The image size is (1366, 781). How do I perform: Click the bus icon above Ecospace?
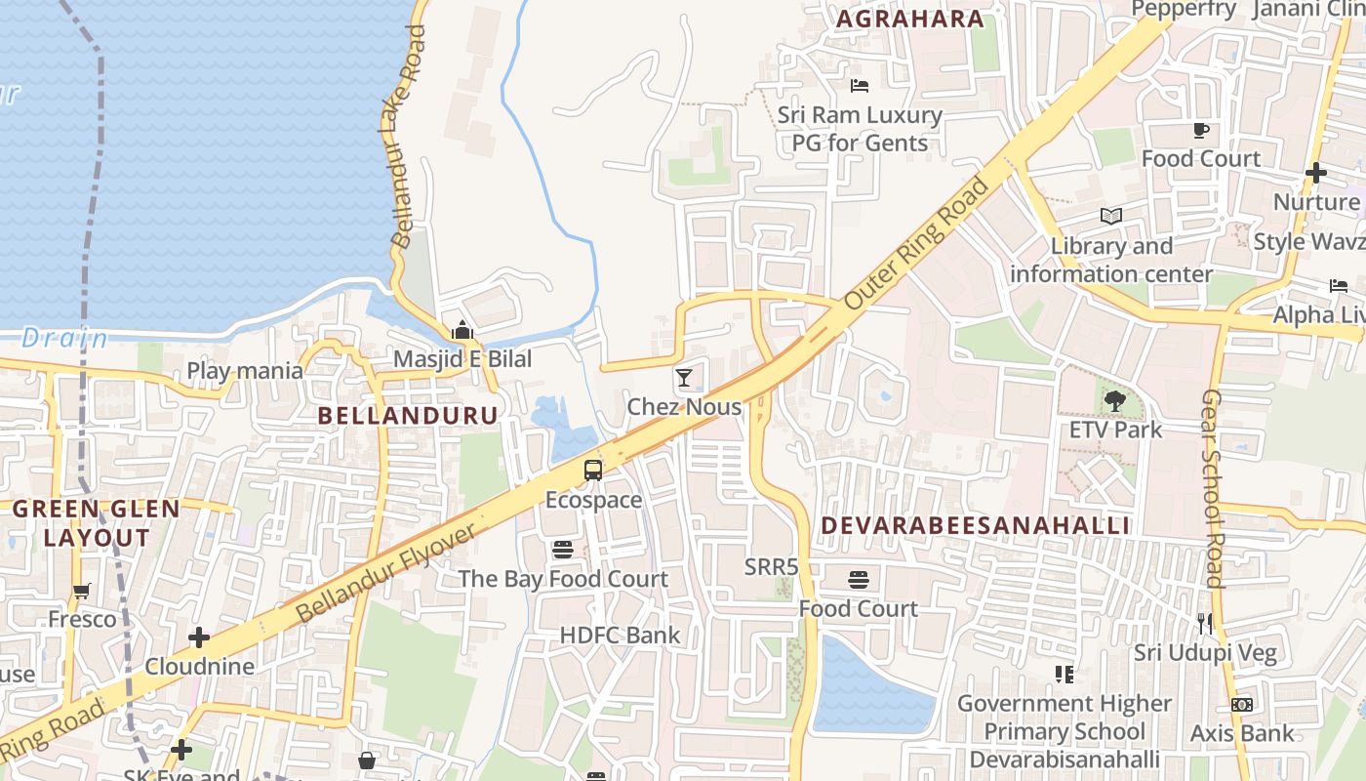[x=592, y=471]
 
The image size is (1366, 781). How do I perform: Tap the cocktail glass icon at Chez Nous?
[x=684, y=378]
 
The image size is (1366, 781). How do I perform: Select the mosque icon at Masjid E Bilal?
[x=462, y=330]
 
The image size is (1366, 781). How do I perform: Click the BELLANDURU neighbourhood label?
[x=408, y=415]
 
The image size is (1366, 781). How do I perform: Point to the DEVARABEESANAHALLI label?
[x=975, y=525]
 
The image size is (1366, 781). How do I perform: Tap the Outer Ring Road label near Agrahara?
[x=915, y=243]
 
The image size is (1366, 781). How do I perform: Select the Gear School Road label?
[x=1212, y=488]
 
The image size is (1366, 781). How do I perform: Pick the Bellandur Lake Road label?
[x=408, y=137]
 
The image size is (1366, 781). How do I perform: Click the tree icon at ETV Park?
[x=1114, y=400]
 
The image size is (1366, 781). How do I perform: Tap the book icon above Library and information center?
[x=1110, y=217]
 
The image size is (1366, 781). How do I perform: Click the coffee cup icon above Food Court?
[x=1201, y=131]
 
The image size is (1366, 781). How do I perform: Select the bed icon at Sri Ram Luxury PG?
[x=859, y=86]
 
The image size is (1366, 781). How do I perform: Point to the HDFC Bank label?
[x=621, y=635]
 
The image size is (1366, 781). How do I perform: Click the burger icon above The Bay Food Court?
[x=562, y=550]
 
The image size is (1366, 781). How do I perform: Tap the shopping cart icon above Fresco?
[x=82, y=591]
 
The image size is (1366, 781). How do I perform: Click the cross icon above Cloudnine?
[x=199, y=638]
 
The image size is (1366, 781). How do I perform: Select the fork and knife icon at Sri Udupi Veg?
[x=1205, y=623]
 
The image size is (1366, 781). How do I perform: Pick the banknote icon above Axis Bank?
[x=1241, y=704]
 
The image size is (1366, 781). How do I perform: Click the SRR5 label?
[x=771, y=566]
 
